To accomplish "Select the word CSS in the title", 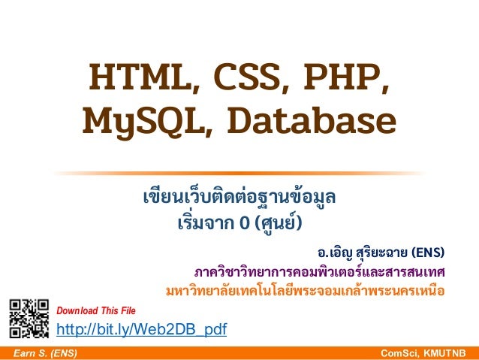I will (x=233, y=78).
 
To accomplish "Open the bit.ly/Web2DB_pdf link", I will (x=142, y=329).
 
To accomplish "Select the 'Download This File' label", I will (x=96, y=310).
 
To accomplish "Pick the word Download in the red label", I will (x=77, y=310).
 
